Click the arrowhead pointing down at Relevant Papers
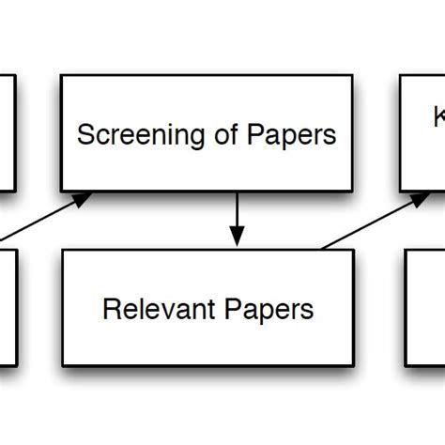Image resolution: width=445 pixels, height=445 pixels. point(237,238)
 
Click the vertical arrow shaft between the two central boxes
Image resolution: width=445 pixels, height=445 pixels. point(237,211)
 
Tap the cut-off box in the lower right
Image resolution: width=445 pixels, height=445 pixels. point(425,306)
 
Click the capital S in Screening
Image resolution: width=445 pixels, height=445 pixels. point(84,135)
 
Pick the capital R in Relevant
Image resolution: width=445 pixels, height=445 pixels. point(109,308)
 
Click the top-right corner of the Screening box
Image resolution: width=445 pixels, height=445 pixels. point(353,76)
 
